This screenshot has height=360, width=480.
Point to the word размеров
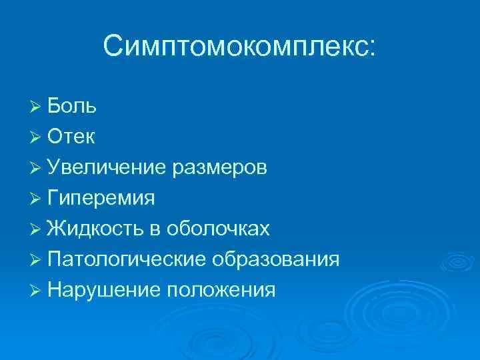220,167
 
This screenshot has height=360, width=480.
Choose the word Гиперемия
101,199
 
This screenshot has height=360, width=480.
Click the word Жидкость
97,229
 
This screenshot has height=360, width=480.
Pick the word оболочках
217,229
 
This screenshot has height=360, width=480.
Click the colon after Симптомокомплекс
371,49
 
